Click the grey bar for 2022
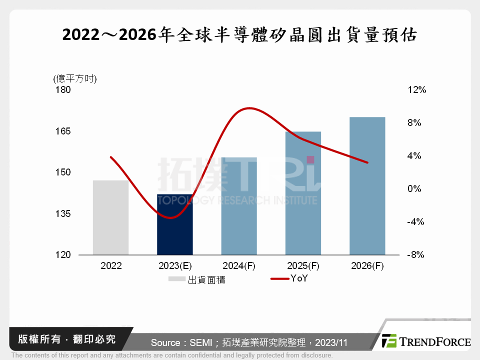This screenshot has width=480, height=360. pos(110,217)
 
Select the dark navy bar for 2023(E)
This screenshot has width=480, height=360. pos(174,224)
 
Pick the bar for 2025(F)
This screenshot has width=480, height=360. pos(303,193)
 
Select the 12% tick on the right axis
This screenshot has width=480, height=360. pos(416,90)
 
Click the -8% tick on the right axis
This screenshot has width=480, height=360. pos(415,255)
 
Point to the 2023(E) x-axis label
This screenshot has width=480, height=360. pos(174,266)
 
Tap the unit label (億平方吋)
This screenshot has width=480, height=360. pos(74,78)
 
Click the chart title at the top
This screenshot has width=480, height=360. pos(239,35)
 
